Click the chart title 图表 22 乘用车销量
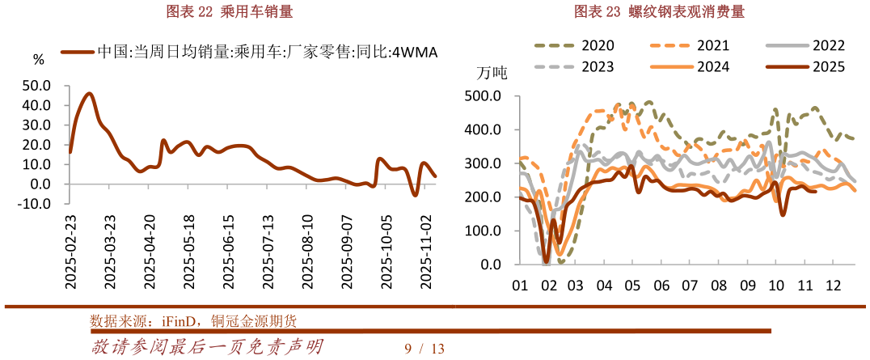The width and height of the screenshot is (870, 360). click(229, 11)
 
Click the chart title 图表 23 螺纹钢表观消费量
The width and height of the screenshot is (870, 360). click(660, 11)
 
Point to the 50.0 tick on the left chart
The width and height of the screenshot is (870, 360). click(36, 86)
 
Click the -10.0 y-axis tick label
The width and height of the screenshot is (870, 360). click(35, 204)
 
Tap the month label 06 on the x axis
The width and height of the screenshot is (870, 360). click(661, 285)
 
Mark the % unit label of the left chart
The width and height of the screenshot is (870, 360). click(39, 59)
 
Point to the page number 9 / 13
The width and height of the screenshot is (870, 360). click(424, 349)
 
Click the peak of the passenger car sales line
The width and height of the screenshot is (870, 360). click(89, 94)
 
